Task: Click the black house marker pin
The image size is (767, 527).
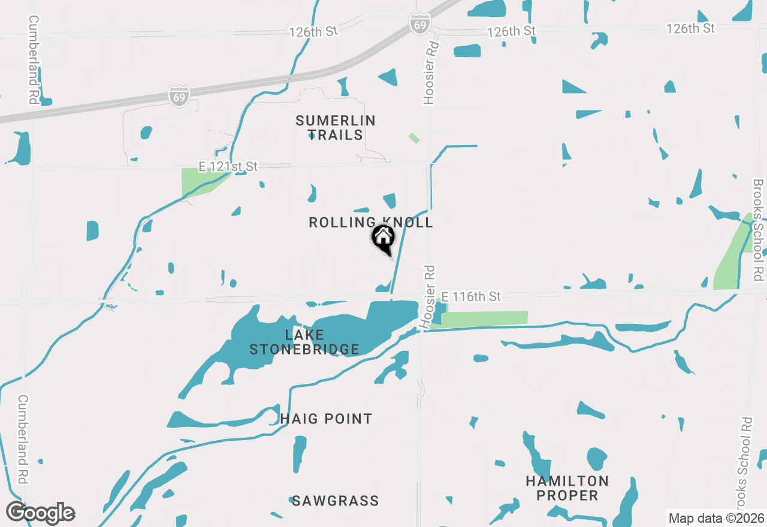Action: click(383, 238)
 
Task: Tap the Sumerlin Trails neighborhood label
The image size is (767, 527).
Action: click(336, 128)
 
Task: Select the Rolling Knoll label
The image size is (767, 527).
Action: click(370, 223)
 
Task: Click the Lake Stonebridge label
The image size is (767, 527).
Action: click(304, 342)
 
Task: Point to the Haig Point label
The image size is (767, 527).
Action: click(326, 419)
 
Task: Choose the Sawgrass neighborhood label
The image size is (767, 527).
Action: click(335, 501)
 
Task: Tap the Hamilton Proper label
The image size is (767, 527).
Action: click(567, 488)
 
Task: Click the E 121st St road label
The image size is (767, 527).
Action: click(228, 166)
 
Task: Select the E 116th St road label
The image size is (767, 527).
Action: click(471, 296)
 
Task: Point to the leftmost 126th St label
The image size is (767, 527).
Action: click(313, 32)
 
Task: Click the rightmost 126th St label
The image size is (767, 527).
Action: click(690, 28)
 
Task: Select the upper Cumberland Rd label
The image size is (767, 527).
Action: click(34, 60)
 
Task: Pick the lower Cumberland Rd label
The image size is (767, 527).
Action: click(23, 438)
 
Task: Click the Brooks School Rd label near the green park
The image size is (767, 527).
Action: click(759, 230)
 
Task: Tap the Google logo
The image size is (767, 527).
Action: click(40, 513)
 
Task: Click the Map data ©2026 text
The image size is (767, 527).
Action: click(716, 518)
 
